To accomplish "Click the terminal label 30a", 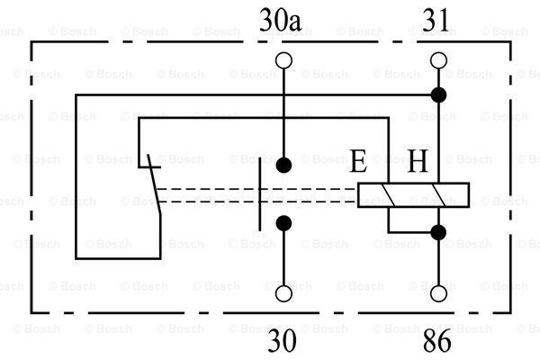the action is pos(280,21).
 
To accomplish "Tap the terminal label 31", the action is pos(436,21).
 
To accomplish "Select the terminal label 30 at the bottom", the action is pos(282,340).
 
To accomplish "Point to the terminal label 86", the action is pos(436,340).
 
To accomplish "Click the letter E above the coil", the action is pos(358,161).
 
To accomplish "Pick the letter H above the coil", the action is pos(418,161).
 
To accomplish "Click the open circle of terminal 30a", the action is pos(283,60).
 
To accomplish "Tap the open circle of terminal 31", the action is pos(438,60).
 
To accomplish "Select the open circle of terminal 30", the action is pos(283,293).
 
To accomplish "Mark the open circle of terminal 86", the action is pos(438,293).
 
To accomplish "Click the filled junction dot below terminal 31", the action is pos(438,94).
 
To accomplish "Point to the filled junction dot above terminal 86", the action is pos(438,232).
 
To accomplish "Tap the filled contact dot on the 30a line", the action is pos(283,166).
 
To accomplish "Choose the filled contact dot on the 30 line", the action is pos(283,223).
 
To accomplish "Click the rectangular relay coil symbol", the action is pos(413,195).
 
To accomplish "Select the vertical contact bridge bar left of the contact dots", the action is pos(260,195).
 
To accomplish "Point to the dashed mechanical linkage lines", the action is pos(256,195).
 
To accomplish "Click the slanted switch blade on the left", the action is pos(154,184).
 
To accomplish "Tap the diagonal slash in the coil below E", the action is pos(389,195).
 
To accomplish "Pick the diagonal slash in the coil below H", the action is pos(438,195).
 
